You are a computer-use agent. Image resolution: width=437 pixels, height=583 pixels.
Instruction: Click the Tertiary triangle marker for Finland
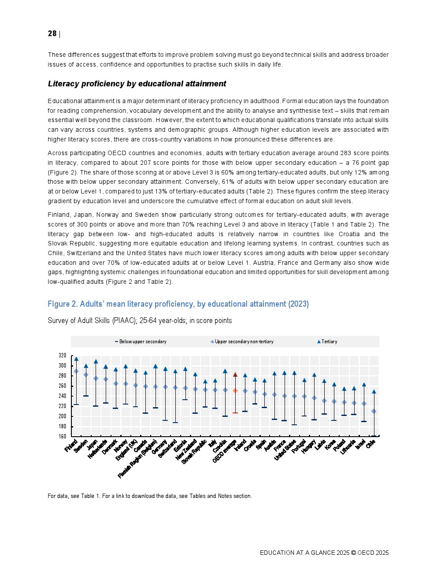(76, 359)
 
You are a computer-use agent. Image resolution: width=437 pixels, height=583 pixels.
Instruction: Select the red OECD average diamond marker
(235, 391)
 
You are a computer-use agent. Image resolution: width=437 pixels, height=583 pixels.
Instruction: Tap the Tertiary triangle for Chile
(374, 391)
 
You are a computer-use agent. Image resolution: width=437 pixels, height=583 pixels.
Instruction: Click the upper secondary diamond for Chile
(374, 411)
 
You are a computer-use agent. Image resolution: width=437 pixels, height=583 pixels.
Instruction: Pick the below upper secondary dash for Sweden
(86, 396)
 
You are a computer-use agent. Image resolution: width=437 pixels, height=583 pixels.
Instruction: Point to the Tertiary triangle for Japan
(96, 362)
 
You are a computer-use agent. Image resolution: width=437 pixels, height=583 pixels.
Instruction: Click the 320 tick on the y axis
(62, 356)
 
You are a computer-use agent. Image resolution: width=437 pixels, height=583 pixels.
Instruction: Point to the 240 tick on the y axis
(62, 396)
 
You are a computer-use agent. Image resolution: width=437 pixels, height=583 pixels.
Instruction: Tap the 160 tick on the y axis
(62, 436)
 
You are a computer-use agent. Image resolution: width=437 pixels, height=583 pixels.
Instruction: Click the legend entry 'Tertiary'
(329, 342)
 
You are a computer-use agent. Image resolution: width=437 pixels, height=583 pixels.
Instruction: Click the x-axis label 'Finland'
(71, 446)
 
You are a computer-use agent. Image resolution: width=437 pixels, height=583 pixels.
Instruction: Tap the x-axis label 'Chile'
(370, 444)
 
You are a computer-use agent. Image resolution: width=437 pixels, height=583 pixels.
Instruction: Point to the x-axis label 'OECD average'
(225, 451)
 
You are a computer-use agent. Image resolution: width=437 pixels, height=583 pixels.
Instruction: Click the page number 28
(52, 33)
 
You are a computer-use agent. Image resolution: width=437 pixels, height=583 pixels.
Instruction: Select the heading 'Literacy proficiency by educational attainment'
(137, 84)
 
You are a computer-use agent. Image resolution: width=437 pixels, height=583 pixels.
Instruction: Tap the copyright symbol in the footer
(353, 553)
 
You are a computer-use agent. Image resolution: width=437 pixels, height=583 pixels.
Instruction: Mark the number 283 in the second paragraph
(346, 153)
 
